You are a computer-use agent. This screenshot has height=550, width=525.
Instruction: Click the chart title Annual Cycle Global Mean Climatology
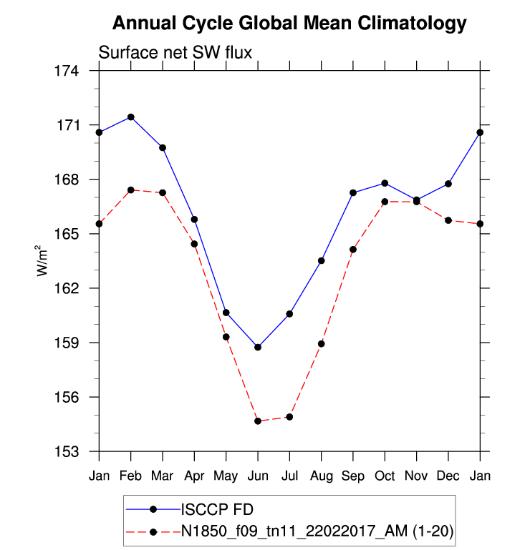[x=289, y=24]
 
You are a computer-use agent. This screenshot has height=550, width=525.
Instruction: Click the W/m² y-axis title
[x=42, y=260]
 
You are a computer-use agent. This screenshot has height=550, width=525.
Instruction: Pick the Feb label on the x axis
[x=130, y=476]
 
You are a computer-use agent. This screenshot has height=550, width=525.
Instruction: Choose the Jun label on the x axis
[x=258, y=476]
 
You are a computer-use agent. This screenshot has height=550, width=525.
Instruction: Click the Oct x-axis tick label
[x=385, y=476]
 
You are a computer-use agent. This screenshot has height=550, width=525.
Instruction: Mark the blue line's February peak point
[x=131, y=117]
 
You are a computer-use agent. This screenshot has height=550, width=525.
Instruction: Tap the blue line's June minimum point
[x=258, y=347]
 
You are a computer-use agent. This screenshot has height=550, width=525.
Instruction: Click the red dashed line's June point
[x=258, y=421]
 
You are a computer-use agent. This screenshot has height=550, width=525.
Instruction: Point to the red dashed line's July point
[x=289, y=417]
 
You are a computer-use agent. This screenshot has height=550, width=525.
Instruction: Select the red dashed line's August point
[x=322, y=343]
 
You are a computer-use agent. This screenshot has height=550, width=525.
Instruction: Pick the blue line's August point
[x=322, y=260]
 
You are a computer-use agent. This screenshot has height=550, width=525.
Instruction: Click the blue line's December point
[x=448, y=184]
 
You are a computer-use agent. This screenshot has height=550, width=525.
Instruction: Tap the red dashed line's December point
[x=448, y=220]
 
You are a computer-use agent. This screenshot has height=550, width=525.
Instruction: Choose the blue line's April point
[x=194, y=219]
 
